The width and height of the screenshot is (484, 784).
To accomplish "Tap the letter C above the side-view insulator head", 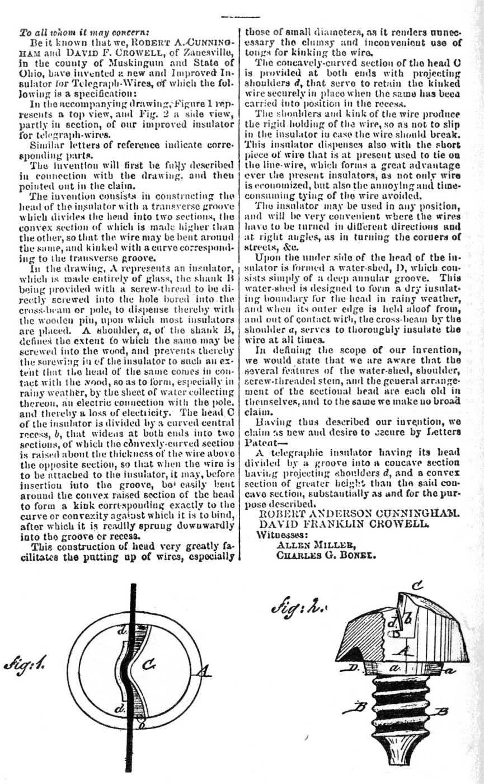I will (417, 586).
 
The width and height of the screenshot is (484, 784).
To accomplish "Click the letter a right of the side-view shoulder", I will (446, 668).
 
